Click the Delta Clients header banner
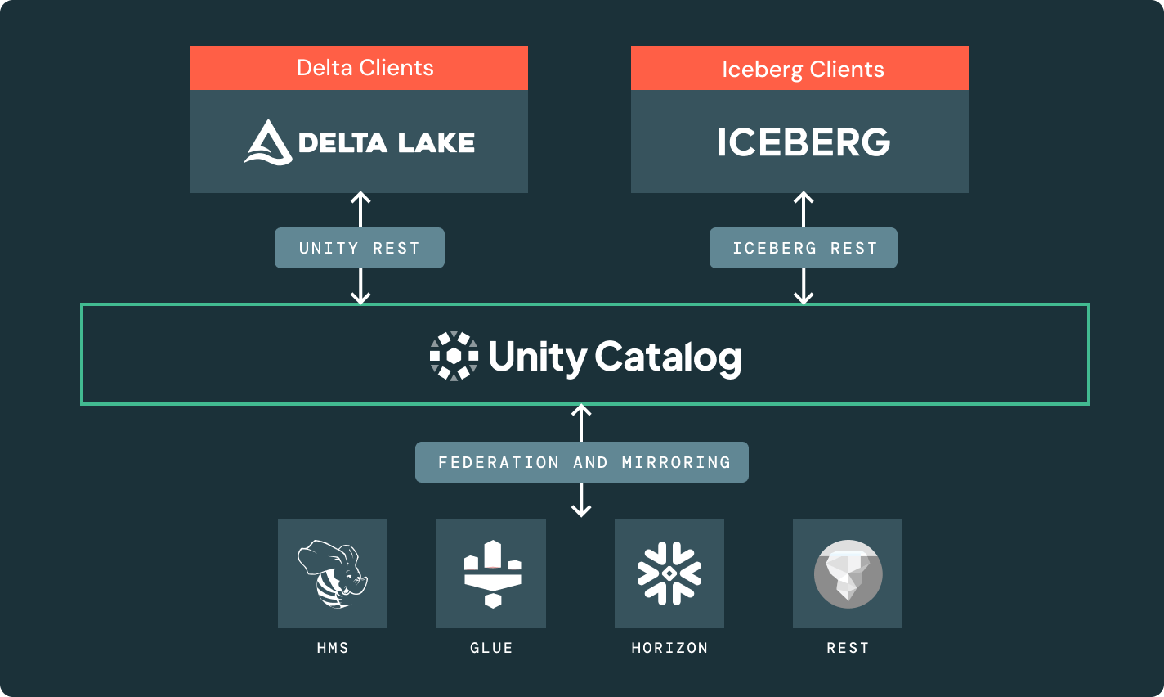pos(359,68)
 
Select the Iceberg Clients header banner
pos(800,69)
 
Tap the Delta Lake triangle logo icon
pos(267,142)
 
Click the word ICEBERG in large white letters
pos(804,142)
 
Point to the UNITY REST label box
pos(360,248)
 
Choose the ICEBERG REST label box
pos(804,248)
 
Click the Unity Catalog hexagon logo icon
pos(454,356)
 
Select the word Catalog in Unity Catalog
pos(668,357)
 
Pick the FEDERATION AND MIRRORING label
pos(582,462)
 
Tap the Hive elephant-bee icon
pos(332,573)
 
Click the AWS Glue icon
pos(492,573)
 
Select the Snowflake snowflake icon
pos(669,573)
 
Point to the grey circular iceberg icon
pos(848,573)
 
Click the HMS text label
pos(333,648)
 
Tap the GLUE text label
pos(491,648)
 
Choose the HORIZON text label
pos(669,648)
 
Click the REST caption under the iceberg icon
pos(848,648)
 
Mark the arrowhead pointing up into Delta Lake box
pos(360,197)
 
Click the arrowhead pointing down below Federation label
pos(581,511)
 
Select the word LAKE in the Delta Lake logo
pos(436,143)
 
